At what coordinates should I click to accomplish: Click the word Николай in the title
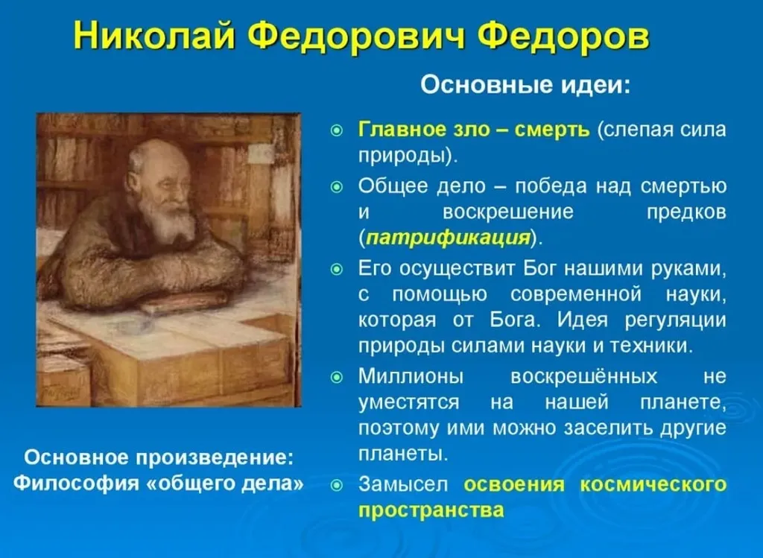155,36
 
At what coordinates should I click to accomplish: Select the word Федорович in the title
357,37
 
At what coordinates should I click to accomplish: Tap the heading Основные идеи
525,85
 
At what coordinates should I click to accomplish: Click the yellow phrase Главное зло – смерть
474,130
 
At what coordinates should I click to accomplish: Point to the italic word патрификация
447,238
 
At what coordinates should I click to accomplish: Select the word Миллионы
411,376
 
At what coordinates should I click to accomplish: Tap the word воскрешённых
583,376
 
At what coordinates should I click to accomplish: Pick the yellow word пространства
431,510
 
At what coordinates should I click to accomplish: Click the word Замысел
402,484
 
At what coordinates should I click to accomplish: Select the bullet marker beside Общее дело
337,187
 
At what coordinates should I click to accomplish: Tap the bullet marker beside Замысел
337,485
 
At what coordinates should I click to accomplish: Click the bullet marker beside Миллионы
337,377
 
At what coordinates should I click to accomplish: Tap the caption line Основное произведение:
159,457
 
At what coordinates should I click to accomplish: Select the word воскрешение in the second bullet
508,212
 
